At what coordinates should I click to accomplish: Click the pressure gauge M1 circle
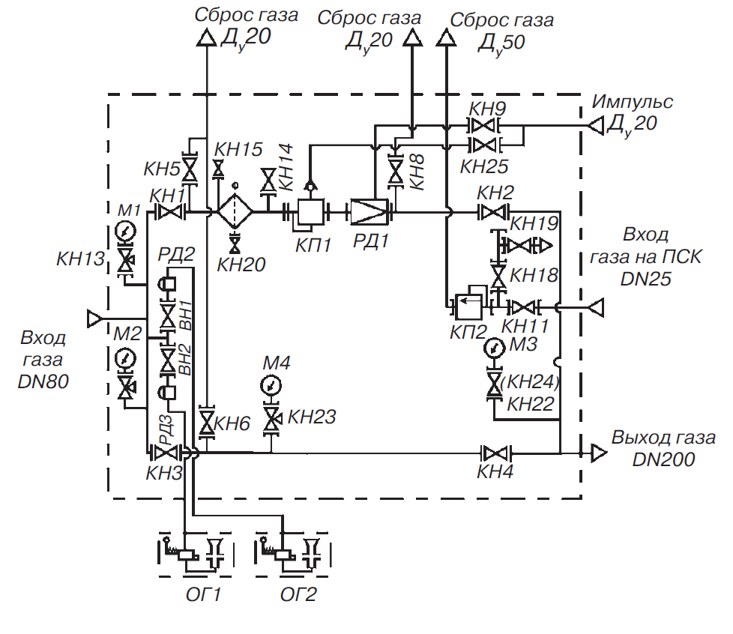click(x=127, y=229)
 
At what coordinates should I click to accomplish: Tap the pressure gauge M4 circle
click(x=271, y=385)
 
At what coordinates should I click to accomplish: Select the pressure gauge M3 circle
click(x=493, y=348)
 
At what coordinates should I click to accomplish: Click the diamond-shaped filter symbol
click(x=235, y=213)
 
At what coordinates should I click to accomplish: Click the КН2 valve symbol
click(x=494, y=213)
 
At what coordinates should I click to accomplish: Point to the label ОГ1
click(x=202, y=596)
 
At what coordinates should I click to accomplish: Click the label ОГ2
click(x=298, y=596)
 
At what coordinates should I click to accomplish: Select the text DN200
click(x=663, y=459)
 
